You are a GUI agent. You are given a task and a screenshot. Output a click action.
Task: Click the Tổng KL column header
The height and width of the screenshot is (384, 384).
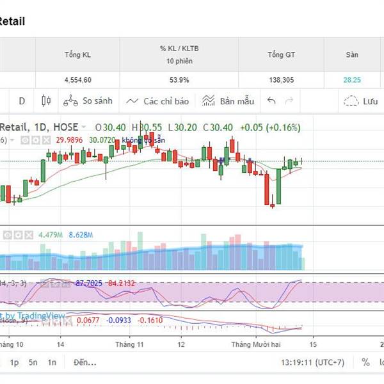tap(77, 54)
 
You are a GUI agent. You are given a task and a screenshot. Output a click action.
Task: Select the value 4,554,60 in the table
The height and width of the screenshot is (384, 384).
tap(77, 80)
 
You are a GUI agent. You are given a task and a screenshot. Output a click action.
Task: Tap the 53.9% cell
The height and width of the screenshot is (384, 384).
tap(179, 80)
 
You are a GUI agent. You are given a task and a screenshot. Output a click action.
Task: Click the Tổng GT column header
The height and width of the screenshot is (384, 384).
tap(280, 54)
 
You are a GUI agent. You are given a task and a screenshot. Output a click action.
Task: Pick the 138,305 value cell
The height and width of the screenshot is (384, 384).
tap(280, 80)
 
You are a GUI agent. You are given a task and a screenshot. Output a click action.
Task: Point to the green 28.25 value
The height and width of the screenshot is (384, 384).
tap(352, 80)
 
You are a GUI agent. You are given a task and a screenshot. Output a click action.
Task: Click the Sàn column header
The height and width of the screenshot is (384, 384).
tap(352, 54)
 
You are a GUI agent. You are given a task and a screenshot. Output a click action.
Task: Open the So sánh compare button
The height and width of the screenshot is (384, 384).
tap(88, 101)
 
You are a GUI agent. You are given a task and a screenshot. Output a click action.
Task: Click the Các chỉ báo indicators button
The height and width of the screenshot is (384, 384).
tap(157, 101)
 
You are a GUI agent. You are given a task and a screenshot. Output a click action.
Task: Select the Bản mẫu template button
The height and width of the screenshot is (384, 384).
tap(228, 101)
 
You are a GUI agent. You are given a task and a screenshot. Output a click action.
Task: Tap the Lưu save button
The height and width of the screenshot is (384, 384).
tap(362, 101)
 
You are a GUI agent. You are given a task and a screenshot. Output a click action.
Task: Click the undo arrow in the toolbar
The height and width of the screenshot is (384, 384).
tap(271, 101)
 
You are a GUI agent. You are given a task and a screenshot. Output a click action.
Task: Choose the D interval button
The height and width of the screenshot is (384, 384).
tap(22, 101)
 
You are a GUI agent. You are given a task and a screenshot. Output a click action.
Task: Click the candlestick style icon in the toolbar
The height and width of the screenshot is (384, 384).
tap(45, 101)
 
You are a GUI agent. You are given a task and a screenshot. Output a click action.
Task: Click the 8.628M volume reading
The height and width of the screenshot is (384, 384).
tap(80, 235)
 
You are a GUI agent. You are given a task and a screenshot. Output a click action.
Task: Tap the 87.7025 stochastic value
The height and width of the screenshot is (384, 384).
tap(88, 282)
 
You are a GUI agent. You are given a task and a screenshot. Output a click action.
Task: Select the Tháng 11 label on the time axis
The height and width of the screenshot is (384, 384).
tap(129, 344)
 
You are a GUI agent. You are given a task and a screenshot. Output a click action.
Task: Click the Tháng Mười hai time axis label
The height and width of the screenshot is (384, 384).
tap(256, 344)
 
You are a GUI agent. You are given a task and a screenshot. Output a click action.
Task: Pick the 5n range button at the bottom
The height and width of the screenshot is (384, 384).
tap(33, 362)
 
